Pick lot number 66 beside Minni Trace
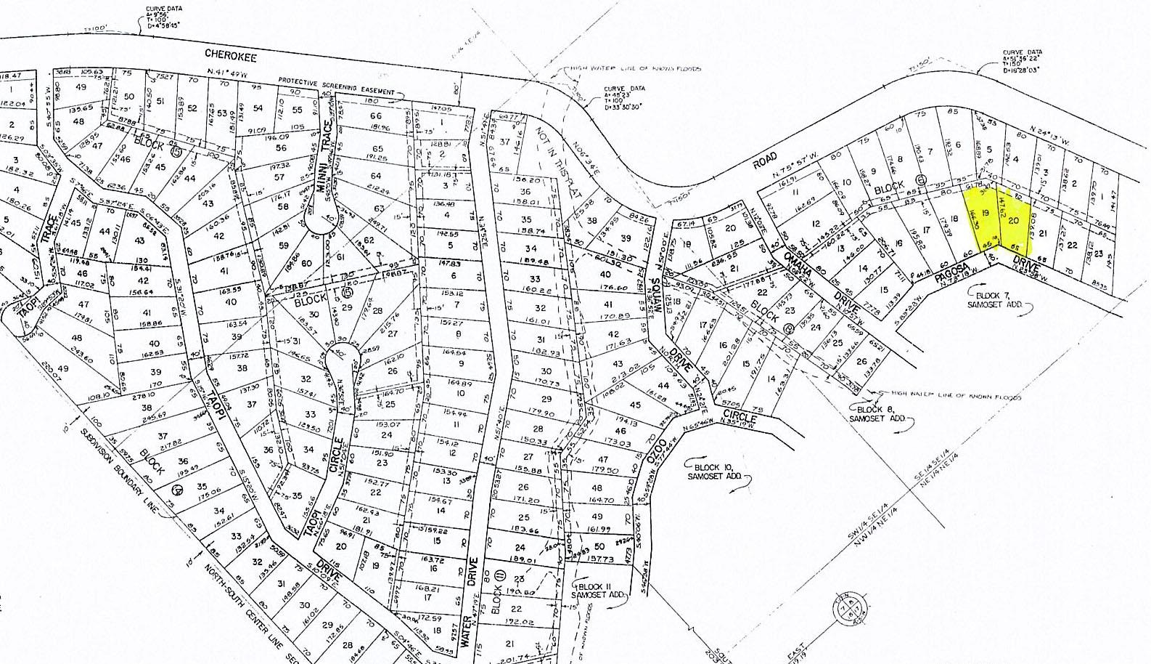pyautogui.click(x=375, y=116)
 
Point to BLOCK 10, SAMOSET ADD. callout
pyautogui.click(x=718, y=471)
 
